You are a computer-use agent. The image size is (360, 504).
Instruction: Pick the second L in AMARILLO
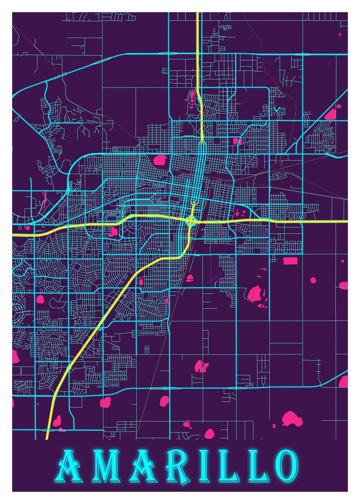(x=257, y=466)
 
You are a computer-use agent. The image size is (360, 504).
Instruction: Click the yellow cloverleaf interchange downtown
(x=191, y=220)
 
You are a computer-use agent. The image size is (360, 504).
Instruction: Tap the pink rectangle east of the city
(x=290, y=261)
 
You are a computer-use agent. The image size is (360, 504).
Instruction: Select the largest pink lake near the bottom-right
(x=292, y=419)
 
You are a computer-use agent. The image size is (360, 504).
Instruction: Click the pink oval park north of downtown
(x=160, y=160)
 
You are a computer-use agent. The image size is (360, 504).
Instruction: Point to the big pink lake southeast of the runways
(x=255, y=294)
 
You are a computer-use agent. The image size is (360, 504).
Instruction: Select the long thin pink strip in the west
(x=43, y=202)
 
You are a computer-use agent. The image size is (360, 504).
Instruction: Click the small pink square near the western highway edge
(x=28, y=228)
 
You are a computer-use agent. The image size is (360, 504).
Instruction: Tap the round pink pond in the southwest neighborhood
(x=40, y=299)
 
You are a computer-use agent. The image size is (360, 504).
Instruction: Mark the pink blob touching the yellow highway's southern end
(x=57, y=420)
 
